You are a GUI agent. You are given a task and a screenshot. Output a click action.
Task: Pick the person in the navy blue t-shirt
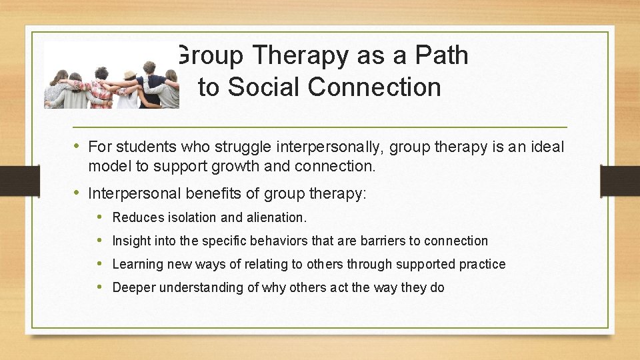point(155,87)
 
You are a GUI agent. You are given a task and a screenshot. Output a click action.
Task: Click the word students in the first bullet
point(139,146)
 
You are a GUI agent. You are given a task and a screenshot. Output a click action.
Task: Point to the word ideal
point(547,146)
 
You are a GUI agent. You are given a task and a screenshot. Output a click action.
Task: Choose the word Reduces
point(137,217)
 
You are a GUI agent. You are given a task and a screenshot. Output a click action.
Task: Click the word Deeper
point(135,287)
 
